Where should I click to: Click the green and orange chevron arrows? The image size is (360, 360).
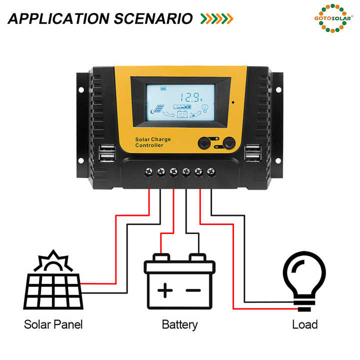click(216, 18)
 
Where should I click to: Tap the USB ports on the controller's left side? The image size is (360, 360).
click(106, 153)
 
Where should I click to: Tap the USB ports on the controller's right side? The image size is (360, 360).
click(252, 153)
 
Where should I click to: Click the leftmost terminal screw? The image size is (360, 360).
click(148, 172)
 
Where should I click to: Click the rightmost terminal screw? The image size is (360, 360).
click(211, 172)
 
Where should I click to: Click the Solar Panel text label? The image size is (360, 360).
click(53, 324)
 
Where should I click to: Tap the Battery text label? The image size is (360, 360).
click(179, 324)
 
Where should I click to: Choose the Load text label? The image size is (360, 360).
click(304, 324)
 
